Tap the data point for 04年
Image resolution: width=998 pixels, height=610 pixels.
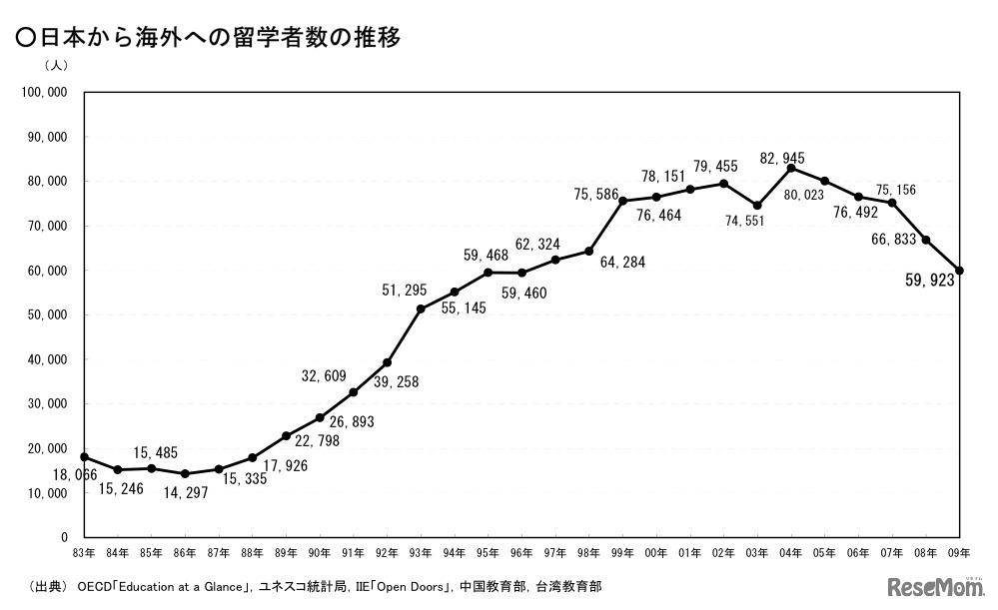coord(791,168)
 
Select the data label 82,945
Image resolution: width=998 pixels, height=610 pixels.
coord(781,158)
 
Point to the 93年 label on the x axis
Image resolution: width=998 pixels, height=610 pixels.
coord(421,552)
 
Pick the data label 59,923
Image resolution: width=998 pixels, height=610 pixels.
coord(930,281)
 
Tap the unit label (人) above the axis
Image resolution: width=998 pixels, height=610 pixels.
coord(56,66)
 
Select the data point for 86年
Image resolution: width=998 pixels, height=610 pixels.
coord(185,473)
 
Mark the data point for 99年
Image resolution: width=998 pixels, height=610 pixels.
coord(622,201)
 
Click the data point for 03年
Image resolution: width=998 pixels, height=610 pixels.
coord(757,206)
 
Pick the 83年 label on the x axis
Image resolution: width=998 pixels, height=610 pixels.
coord(84,552)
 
